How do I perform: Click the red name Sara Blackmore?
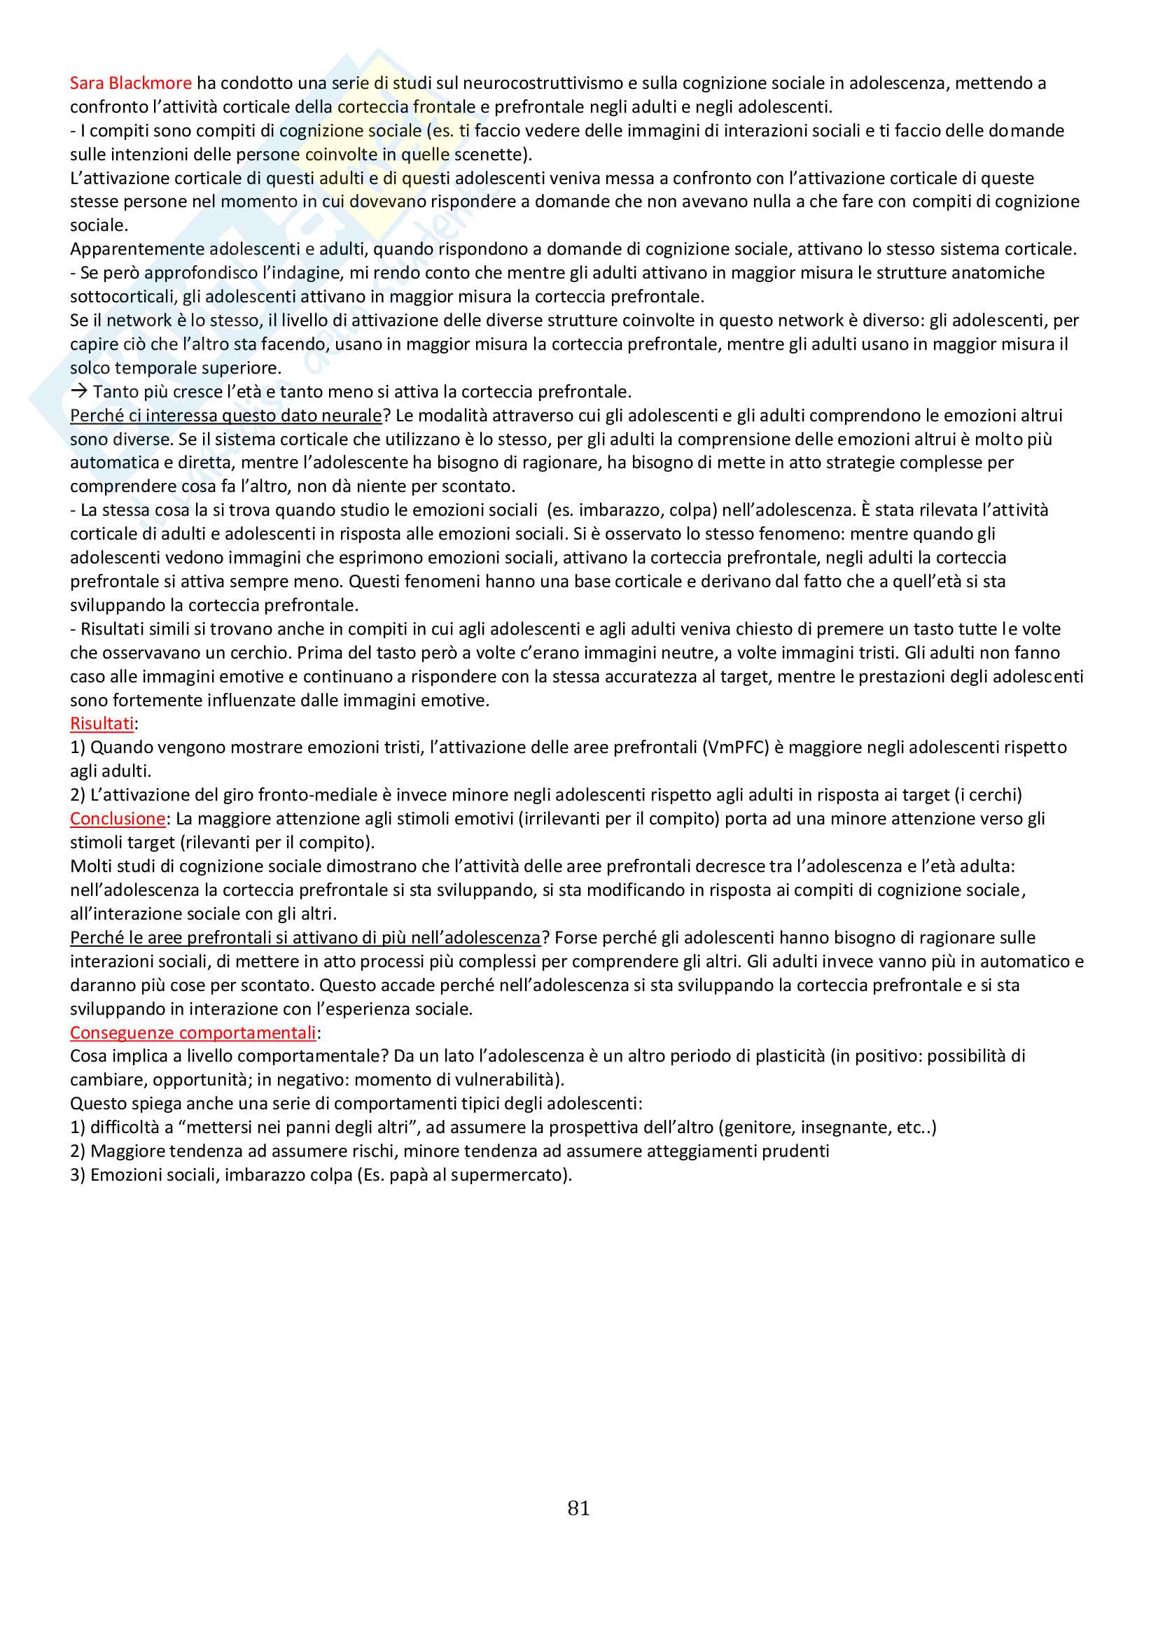[x=130, y=83]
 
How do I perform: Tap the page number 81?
[x=578, y=1508]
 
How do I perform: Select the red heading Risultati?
[x=102, y=724]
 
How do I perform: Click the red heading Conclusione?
[x=118, y=819]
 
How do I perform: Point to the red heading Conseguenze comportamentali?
[x=193, y=1032]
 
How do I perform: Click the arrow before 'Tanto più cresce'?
[x=78, y=391]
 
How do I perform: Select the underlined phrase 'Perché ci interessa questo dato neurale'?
[x=226, y=416]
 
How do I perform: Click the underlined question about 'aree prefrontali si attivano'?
[x=305, y=938]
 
